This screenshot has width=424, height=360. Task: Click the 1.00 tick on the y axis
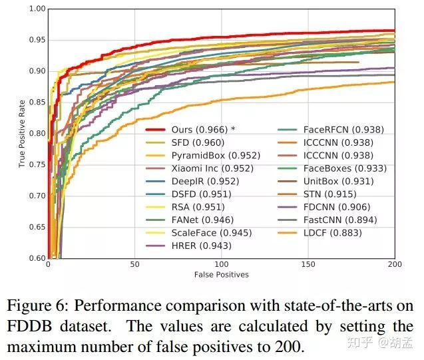coord(37,9)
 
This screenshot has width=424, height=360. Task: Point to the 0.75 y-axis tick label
coord(37,164)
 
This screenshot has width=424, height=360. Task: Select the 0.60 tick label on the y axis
coord(37,258)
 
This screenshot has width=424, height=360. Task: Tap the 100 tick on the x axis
coord(221,265)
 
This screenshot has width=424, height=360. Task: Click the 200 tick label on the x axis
coord(395,265)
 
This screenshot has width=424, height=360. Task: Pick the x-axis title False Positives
coord(221,275)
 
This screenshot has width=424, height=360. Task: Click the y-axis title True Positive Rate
coord(22,133)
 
